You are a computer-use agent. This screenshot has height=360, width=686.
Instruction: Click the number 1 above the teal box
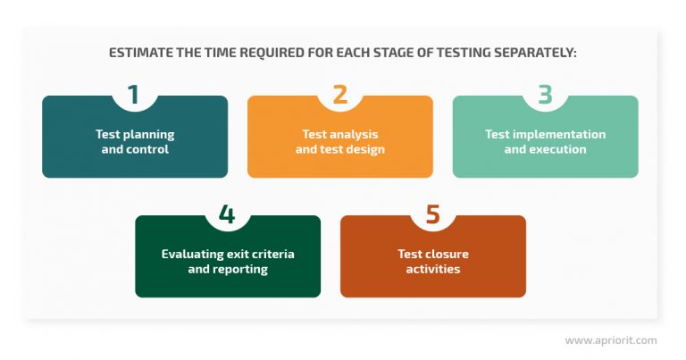(134, 94)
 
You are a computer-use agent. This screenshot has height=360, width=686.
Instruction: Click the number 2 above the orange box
(339, 94)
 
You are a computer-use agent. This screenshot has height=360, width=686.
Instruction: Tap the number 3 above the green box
(545, 94)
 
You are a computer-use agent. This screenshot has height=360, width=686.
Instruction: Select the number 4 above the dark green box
(227, 214)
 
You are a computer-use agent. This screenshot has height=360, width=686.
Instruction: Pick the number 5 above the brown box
(432, 214)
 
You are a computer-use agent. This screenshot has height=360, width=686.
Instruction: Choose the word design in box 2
(366, 149)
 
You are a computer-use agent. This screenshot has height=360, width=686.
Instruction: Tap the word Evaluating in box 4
(191, 255)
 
